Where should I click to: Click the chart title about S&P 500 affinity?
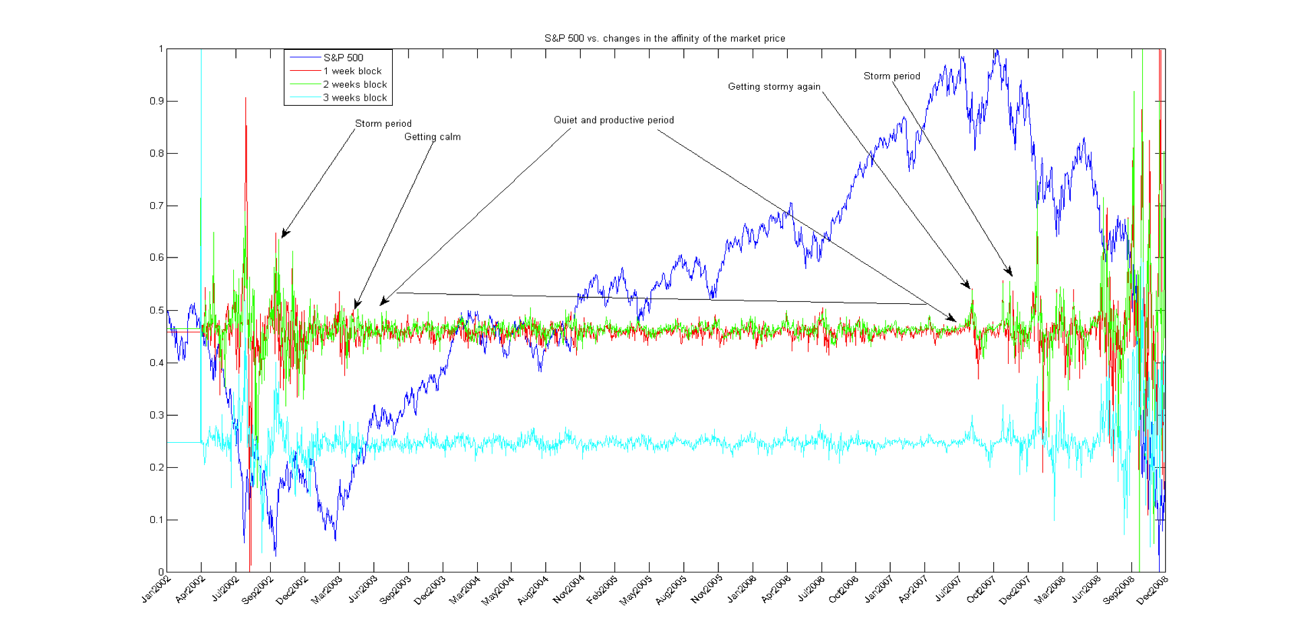pyautogui.click(x=664, y=38)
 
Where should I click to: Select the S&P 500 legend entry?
pyautogui.click(x=343, y=58)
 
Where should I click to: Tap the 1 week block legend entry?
pyautogui.click(x=352, y=71)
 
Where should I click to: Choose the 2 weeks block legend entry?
pyautogui.click(x=354, y=85)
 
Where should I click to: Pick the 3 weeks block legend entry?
pyautogui.click(x=354, y=98)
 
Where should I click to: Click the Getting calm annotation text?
pyautogui.click(x=432, y=137)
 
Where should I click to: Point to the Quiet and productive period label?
pyautogui.click(x=613, y=120)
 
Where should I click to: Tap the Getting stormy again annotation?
pyautogui.click(x=774, y=86)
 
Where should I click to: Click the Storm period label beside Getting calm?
pyautogui.click(x=383, y=123)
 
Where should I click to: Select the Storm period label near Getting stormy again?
pyautogui.click(x=891, y=76)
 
